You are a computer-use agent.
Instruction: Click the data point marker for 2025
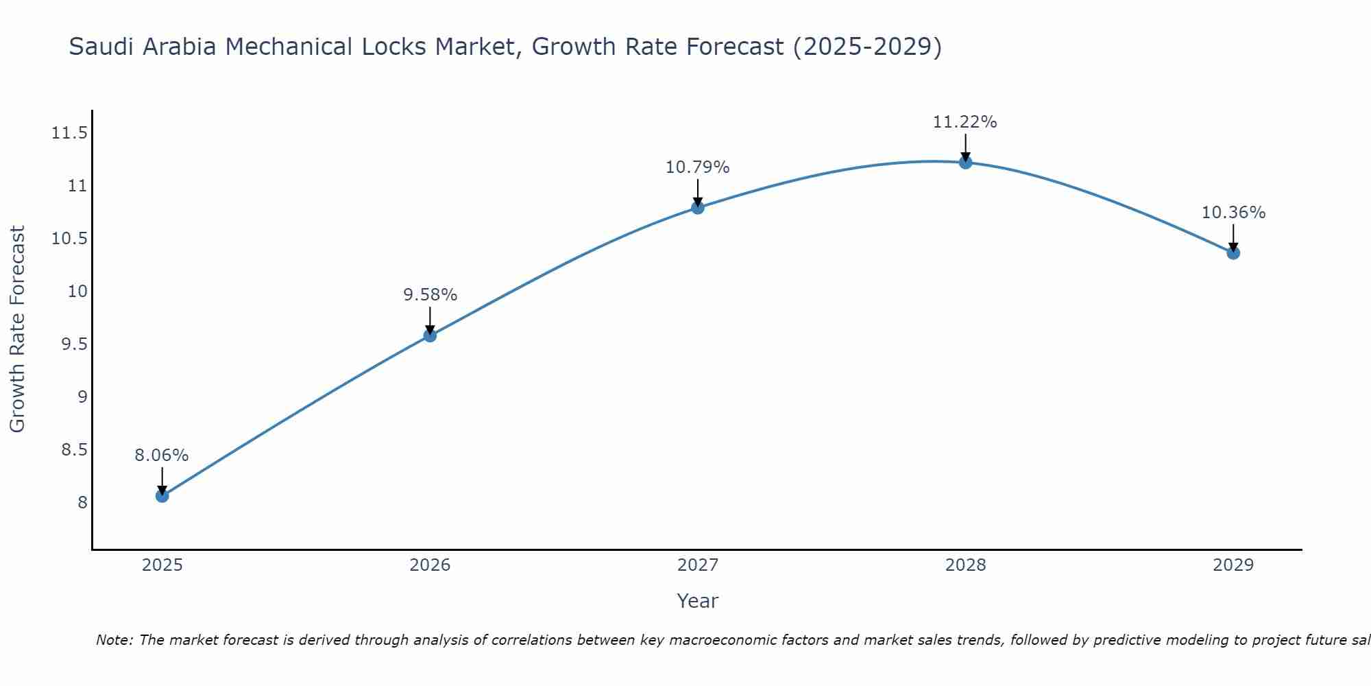[x=162, y=495]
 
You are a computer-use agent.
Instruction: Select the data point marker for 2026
[x=430, y=335]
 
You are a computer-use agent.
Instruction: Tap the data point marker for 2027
[x=698, y=207]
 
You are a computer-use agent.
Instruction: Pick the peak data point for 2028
[x=965, y=162]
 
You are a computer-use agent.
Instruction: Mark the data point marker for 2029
[x=1233, y=252]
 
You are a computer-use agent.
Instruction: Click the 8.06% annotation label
[x=161, y=456]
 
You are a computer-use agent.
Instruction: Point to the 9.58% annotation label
[x=430, y=295]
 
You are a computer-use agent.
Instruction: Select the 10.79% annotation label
[x=697, y=167]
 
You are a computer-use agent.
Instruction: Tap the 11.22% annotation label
[x=964, y=122]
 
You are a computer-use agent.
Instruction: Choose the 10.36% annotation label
[x=1233, y=213]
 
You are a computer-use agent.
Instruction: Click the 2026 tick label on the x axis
[x=430, y=565]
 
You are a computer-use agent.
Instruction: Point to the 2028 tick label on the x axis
[x=965, y=565]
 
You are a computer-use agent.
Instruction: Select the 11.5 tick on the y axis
[x=69, y=133]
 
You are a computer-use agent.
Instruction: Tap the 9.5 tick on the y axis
[x=74, y=344]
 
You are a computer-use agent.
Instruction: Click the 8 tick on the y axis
[x=83, y=503]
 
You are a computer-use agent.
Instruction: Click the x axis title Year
[x=697, y=601]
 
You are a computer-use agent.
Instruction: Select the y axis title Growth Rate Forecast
[x=17, y=329]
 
